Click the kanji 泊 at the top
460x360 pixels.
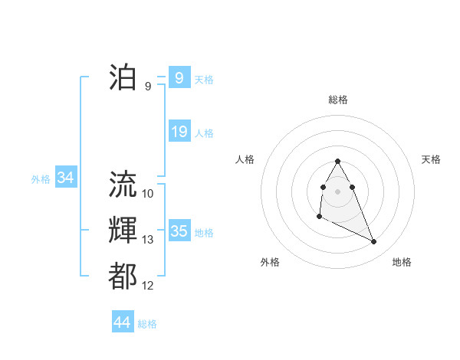pos(123,77)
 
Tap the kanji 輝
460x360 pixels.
pos(123,231)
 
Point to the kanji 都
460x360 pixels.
pos(123,277)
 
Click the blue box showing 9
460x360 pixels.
pos(179,78)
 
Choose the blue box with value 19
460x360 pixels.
pos(179,132)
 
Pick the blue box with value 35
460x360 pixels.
pos(179,231)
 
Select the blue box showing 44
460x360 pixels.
pos(122,322)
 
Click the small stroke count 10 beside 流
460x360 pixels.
pos(148,194)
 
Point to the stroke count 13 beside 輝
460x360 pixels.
pos(148,240)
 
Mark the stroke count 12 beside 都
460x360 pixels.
pos(148,286)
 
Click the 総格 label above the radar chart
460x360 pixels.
pos(338,100)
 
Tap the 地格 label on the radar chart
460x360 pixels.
pos(402,262)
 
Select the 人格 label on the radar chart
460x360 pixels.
pos(245,159)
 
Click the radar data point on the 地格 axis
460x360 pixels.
pos(374,242)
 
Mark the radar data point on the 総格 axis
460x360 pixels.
pos(338,161)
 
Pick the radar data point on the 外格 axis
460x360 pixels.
pos(319,217)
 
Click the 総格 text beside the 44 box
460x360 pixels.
pos(147,324)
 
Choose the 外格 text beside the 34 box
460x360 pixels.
pos(41,179)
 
